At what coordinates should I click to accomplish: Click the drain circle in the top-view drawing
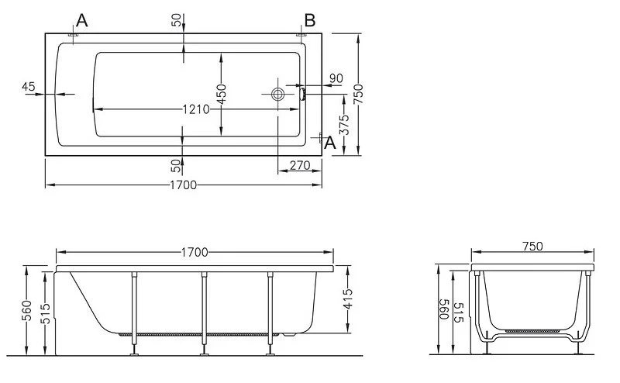[x=278, y=94]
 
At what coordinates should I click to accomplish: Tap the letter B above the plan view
[x=310, y=20]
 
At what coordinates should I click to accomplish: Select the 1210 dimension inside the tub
[x=196, y=109]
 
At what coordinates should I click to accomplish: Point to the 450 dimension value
[x=222, y=94]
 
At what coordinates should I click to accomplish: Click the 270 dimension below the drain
[x=300, y=165]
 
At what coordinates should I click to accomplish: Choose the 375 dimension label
[x=345, y=125]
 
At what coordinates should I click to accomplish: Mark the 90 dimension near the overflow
[x=336, y=78]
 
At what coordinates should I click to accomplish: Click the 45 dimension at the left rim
[x=29, y=86]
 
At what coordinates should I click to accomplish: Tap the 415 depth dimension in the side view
[x=347, y=299]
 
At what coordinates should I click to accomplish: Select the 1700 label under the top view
[x=183, y=185]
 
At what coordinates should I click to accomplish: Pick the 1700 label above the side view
[x=195, y=253]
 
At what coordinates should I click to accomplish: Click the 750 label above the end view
[x=532, y=246]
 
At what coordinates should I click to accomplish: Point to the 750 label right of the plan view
[x=358, y=94]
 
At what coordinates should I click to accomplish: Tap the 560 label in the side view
[x=26, y=311]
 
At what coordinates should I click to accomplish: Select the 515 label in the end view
[x=459, y=312]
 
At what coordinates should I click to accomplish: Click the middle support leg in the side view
[x=204, y=313]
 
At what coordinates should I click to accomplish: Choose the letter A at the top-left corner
[x=82, y=20]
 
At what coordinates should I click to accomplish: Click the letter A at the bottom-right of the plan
[x=330, y=143]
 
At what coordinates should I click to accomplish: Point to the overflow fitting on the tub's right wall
[x=303, y=94]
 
